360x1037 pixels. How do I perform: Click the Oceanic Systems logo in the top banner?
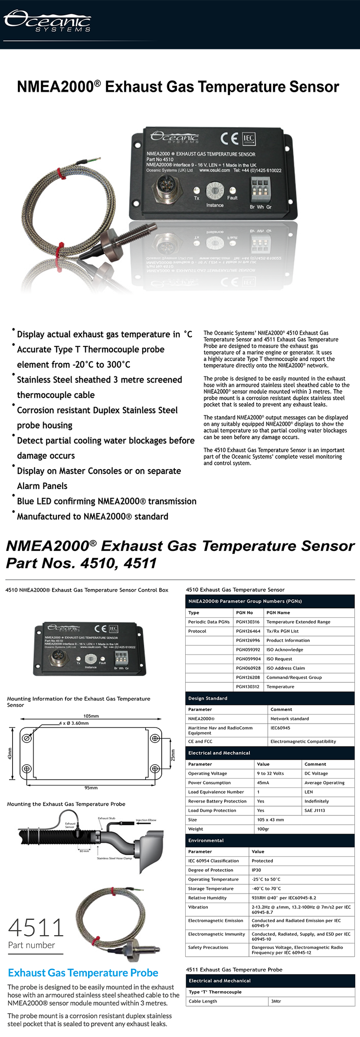tap(47, 21)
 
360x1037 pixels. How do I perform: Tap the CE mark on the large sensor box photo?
tap(229, 138)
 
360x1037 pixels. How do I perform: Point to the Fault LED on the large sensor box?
tap(233, 190)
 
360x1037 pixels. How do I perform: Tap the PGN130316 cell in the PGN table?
tap(248, 622)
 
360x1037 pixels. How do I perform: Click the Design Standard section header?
tap(208, 698)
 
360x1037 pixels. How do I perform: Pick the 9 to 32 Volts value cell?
tap(270, 773)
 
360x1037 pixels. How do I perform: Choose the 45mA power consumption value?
tap(263, 782)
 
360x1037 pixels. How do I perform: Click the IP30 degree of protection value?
tap(256, 870)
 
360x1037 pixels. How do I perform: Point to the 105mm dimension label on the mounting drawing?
tap(91, 716)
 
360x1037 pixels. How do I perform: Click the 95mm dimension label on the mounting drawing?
tap(91, 787)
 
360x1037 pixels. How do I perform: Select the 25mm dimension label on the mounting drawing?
tap(172, 755)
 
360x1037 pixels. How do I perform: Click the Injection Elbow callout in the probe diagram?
tap(146, 820)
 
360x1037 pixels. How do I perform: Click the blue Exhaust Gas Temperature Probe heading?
tap(83, 973)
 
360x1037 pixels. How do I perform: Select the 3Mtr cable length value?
tap(276, 1001)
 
